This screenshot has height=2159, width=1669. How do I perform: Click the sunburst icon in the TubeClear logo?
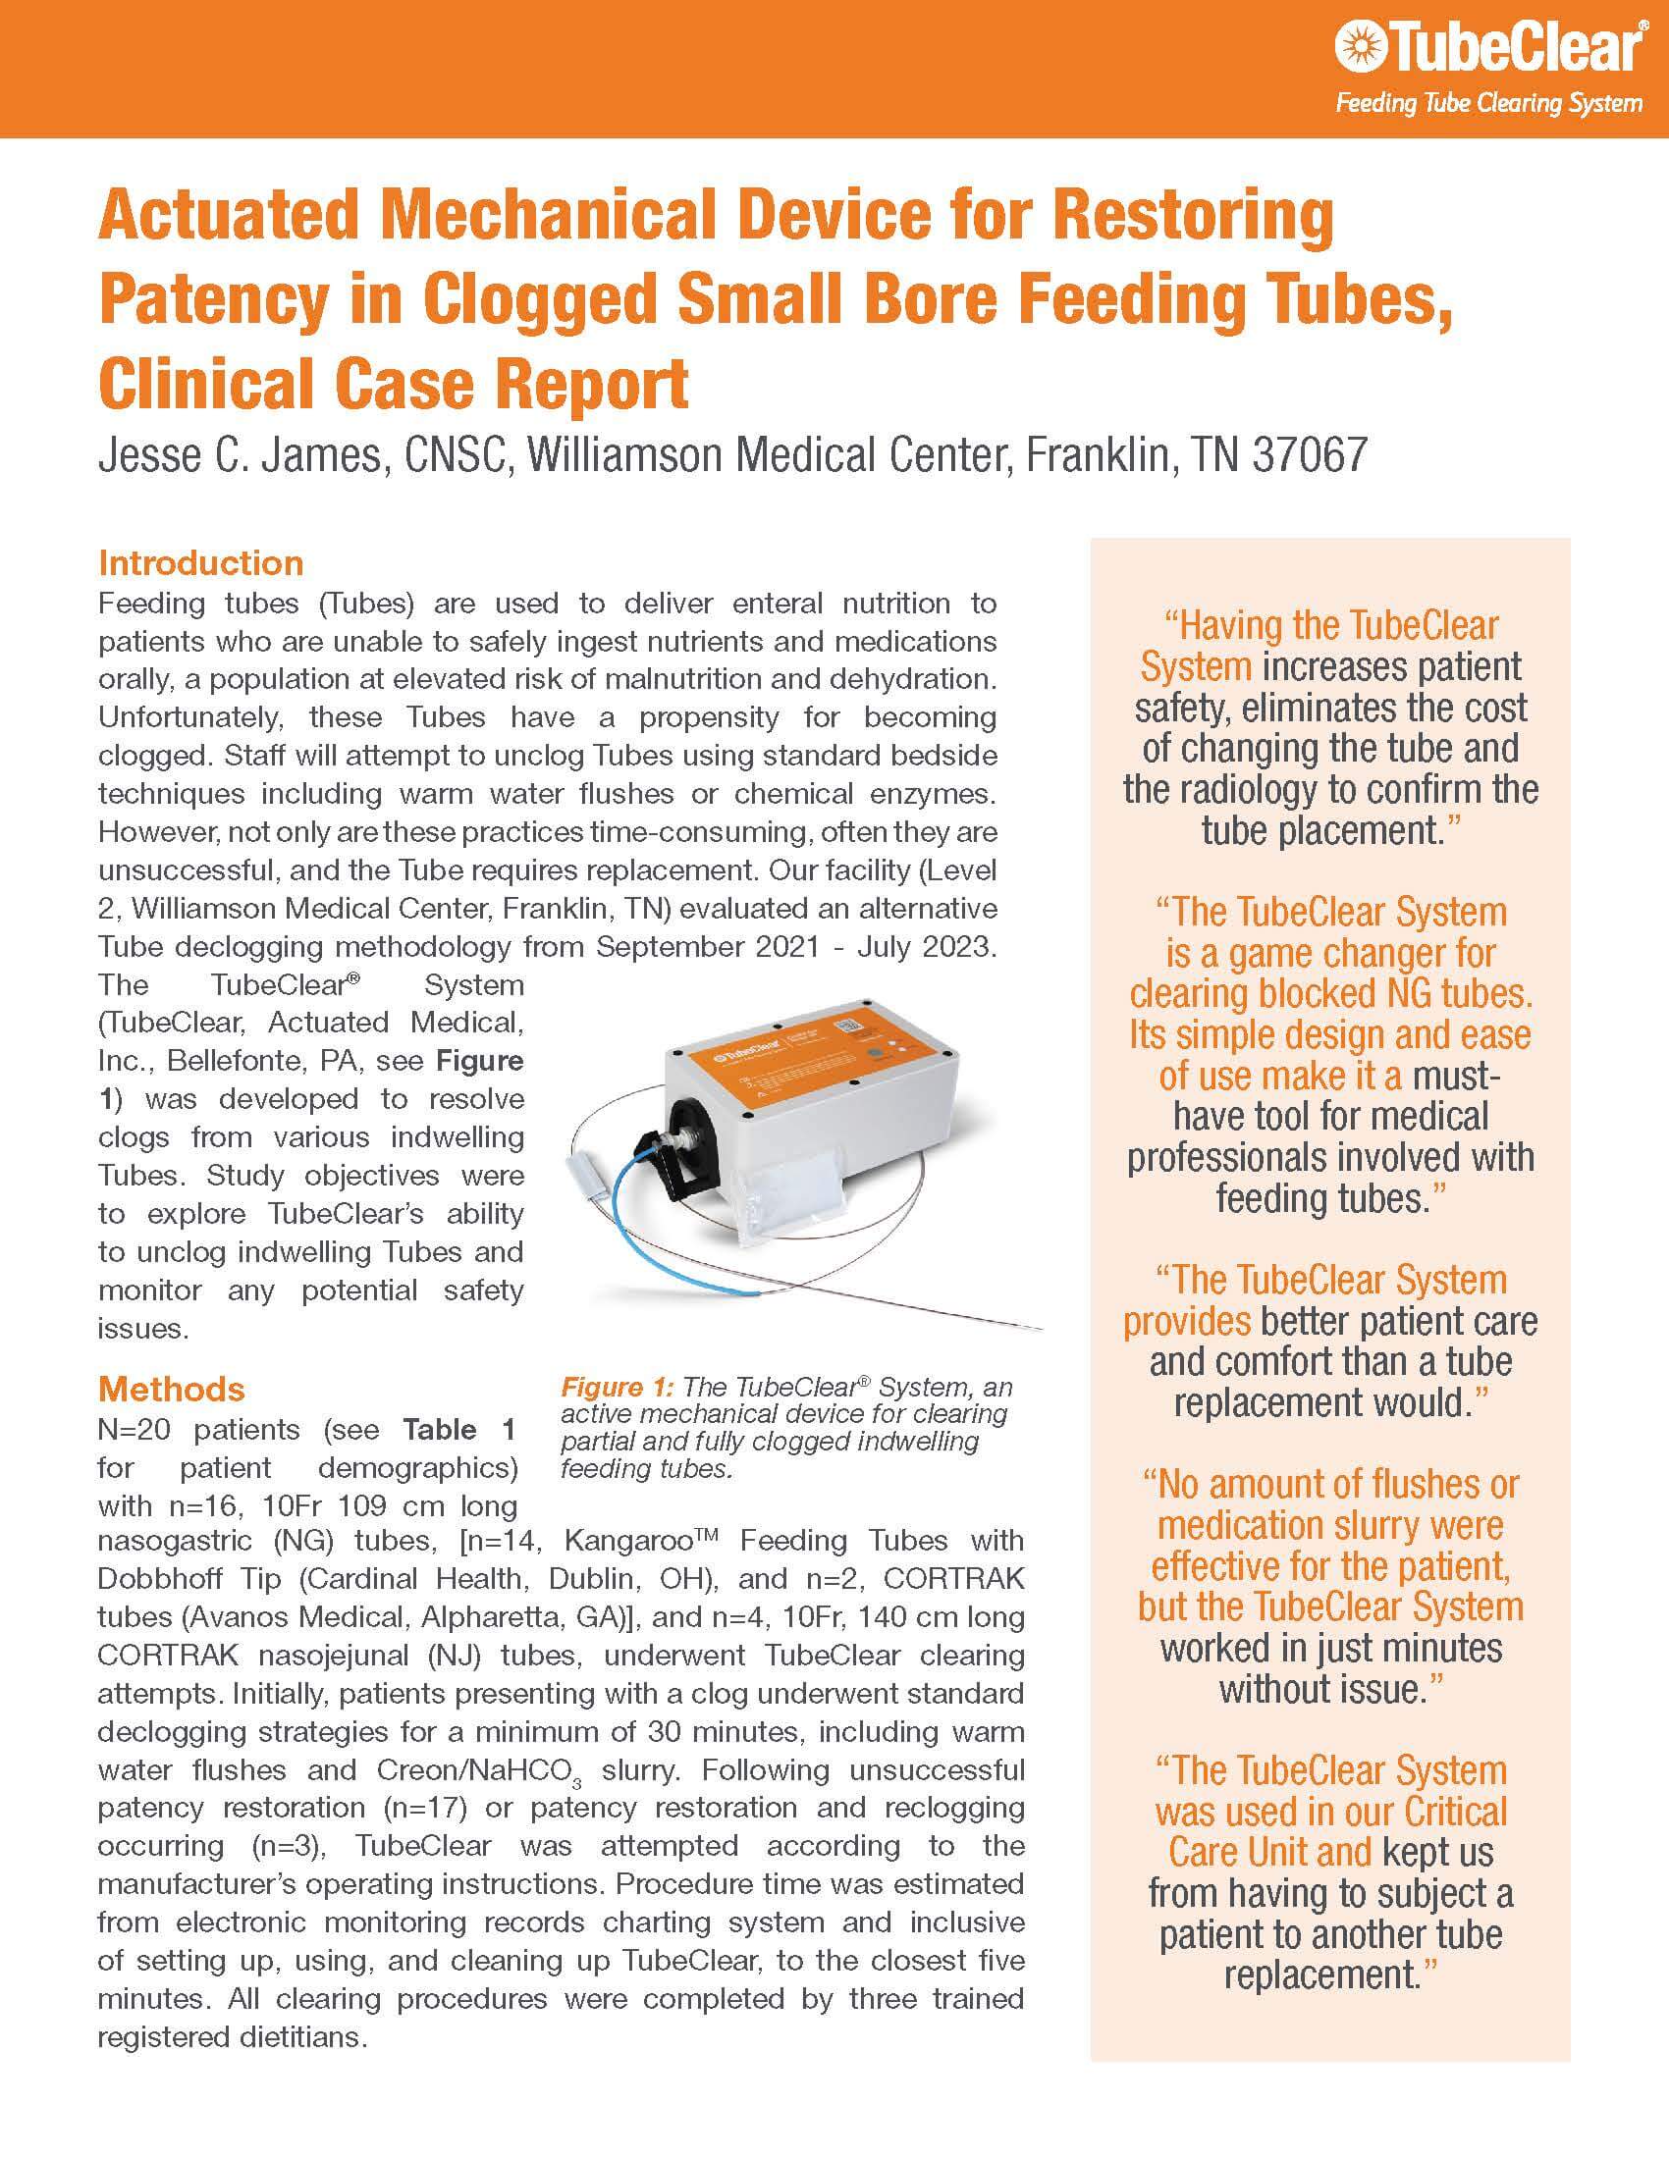click(1354, 48)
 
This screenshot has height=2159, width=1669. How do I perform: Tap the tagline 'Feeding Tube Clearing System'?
click(1489, 103)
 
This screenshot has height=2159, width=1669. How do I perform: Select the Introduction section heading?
click(200, 562)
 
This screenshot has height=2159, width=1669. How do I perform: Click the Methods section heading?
click(171, 1389)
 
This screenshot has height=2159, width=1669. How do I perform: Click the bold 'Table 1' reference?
click(459, 1430)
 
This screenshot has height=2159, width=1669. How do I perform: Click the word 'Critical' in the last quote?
click(1455, 1812)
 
